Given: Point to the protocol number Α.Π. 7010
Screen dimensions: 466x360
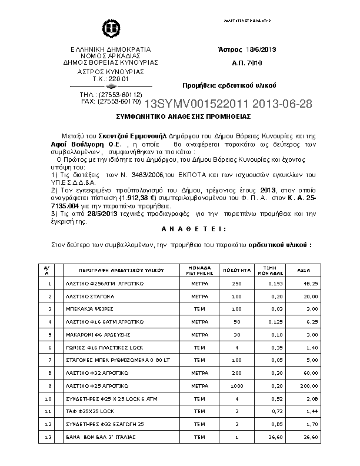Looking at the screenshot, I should point(248,63).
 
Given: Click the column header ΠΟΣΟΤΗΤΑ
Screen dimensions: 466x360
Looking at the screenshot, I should point(238,271).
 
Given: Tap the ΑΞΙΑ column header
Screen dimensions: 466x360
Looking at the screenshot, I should point(304,271).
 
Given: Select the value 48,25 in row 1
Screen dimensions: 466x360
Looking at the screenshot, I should point(310,284).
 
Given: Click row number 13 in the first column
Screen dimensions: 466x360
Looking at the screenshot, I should point(49,437).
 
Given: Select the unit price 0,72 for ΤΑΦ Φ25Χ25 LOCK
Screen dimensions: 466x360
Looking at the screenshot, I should point(276,411).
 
